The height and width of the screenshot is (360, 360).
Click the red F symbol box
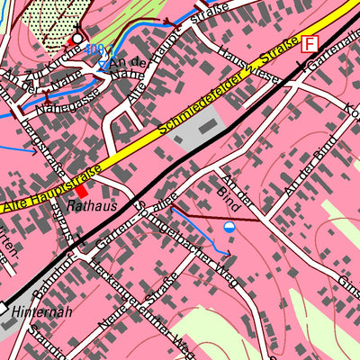pos(310,43)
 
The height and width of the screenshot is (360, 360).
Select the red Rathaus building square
pos(82,190)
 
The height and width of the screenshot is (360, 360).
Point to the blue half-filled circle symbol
pos(230,227)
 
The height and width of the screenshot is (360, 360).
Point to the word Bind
pos(229,191)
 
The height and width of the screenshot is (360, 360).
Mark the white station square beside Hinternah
pos(4,308)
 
